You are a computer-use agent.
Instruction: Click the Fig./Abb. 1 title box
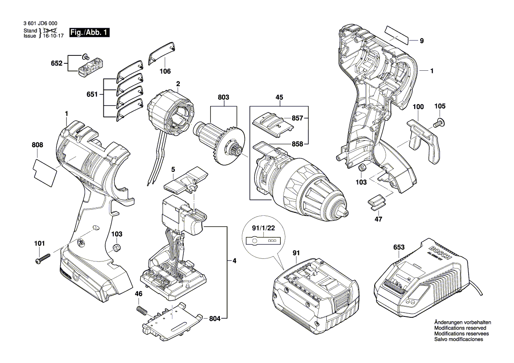point(89,33)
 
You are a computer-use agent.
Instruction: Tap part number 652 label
point(56,63)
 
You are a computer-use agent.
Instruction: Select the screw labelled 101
point(43,258)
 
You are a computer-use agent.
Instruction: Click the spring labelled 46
point(141,310)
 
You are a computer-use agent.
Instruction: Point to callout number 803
point(223,97)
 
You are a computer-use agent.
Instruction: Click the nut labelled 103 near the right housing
point(362,167)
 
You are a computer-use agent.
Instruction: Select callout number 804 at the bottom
point(215,319)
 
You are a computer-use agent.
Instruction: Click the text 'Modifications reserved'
point(460,328)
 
